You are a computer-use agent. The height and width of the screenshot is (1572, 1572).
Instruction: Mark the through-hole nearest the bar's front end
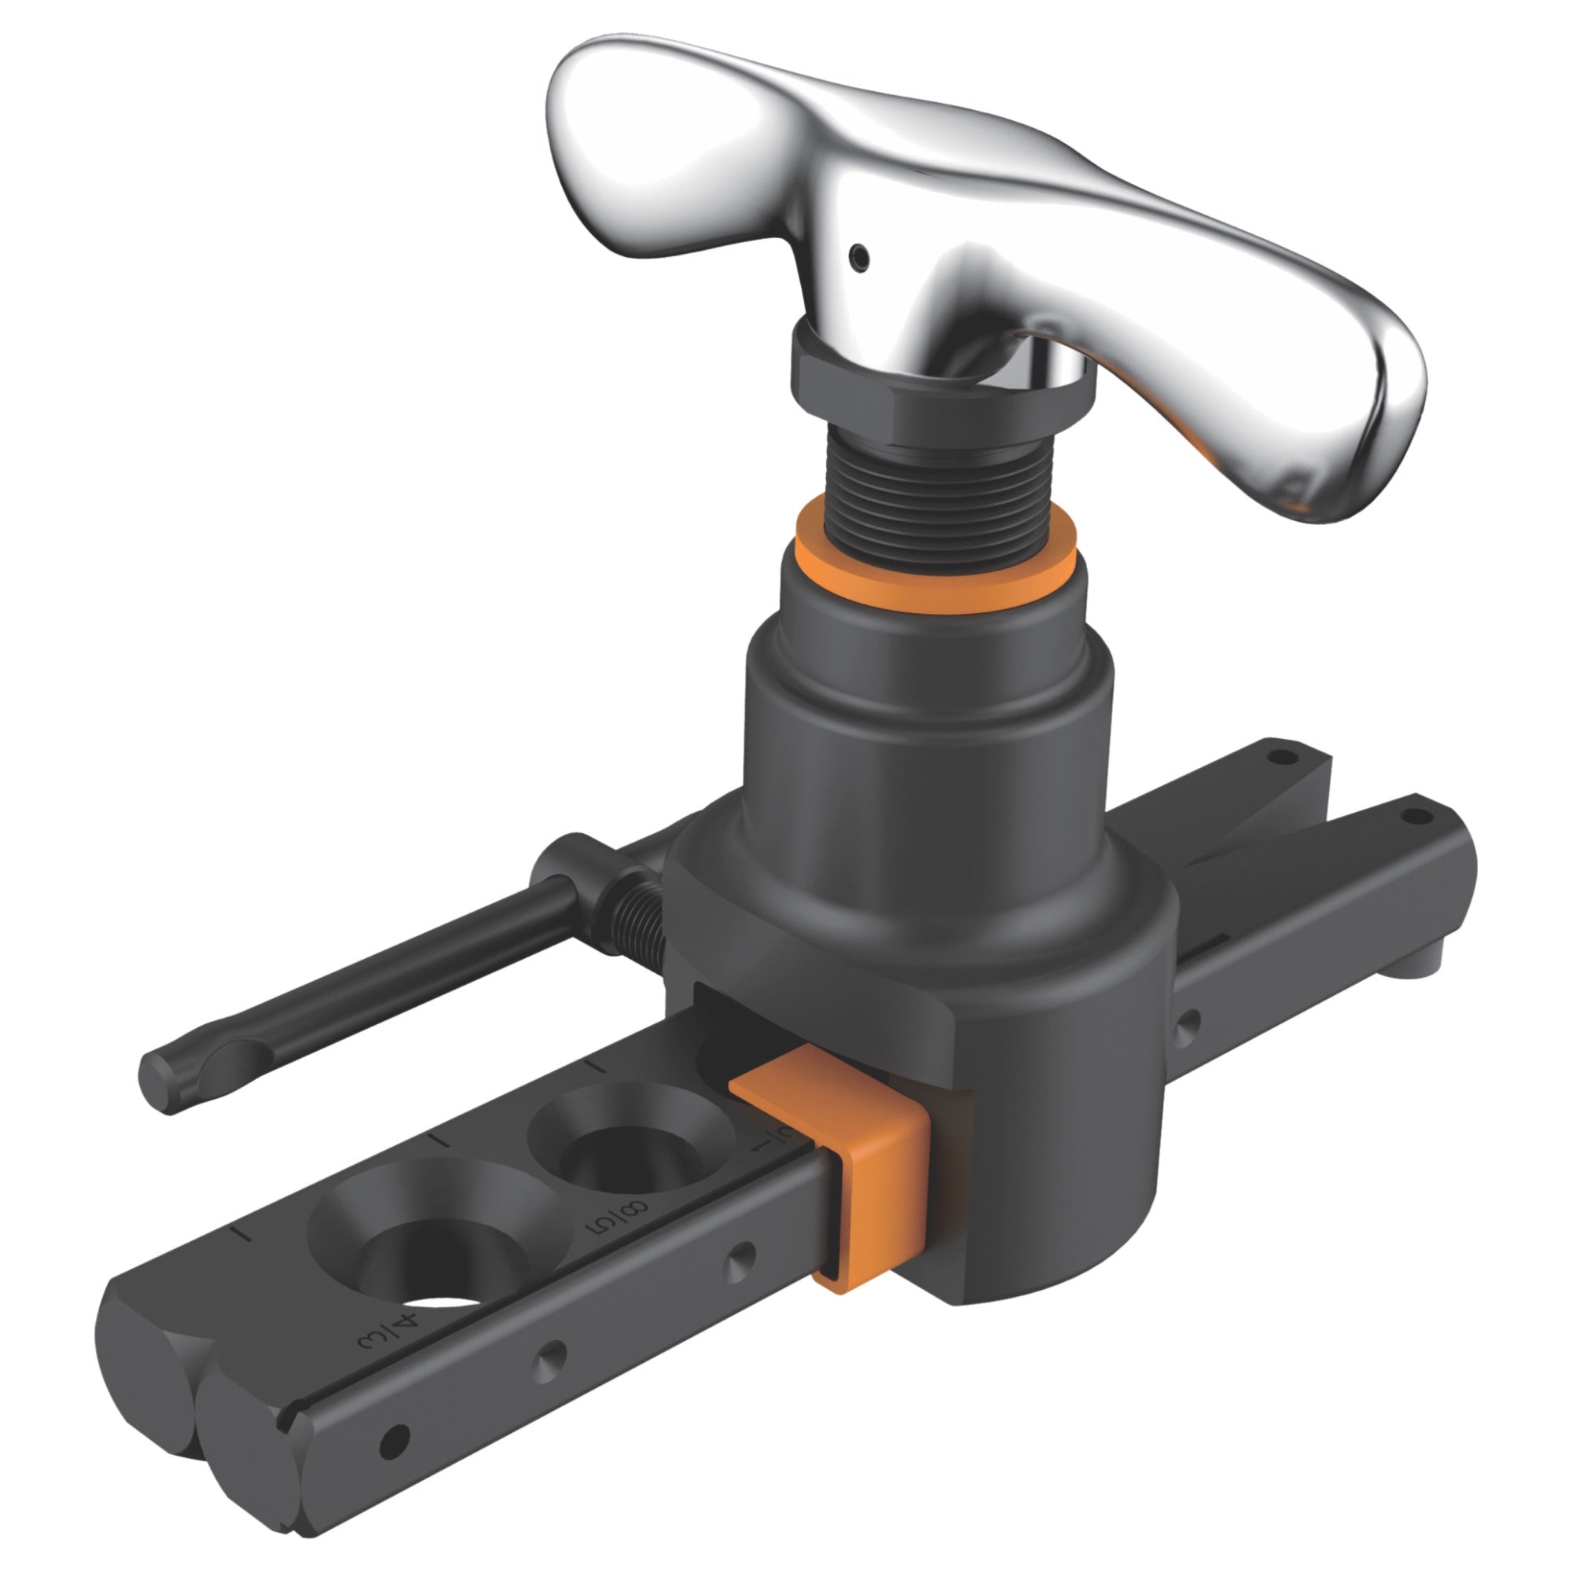click(x=395, y=1461)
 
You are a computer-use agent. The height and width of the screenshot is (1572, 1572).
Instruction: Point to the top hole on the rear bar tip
click(x=1284, y=758)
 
